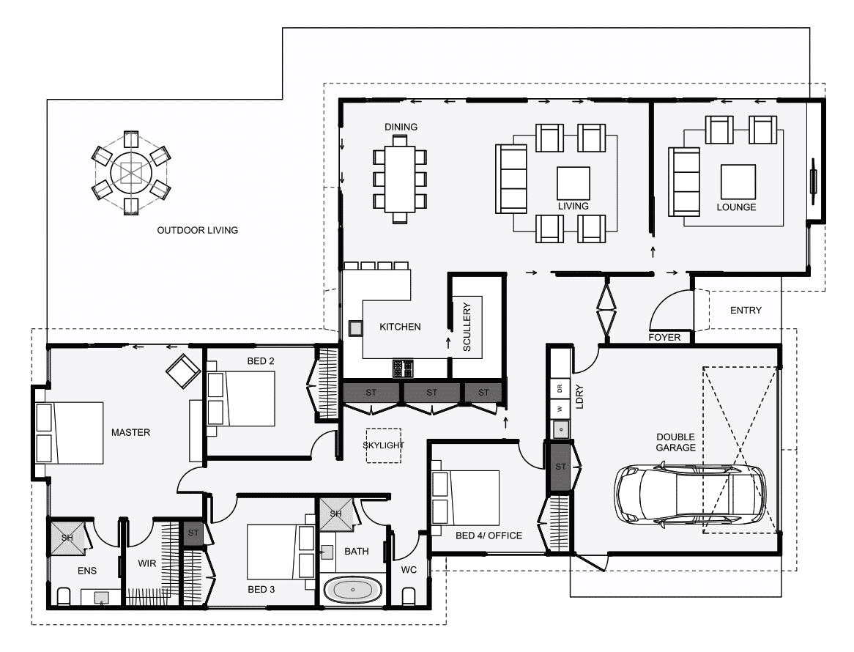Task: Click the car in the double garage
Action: click(x=690, y=494)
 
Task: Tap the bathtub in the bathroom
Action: click(x=353, y=590)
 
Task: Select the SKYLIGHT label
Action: click(x=384, y=445)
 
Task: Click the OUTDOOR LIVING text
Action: click(x=197, y=231)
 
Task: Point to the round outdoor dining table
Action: click(x=130, y=173)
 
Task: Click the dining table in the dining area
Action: click(x=400, y=179)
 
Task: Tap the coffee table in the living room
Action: click(x=573, y=184)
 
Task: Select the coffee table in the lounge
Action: click(x=738, y=182)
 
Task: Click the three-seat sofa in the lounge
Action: click(x=684, y=182)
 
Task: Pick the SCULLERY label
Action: click(x=467, y=327)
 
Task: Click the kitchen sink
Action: click(x=355, y=328)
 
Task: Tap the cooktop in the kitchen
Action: click(x=403, y=368)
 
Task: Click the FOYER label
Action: click(x=664, y=338)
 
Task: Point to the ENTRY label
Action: click(x=746, y=311)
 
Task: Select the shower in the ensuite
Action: click(x=67, y=538)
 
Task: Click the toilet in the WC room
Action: click(x=409, y=596)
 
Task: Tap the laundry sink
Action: click(x=560, y=430)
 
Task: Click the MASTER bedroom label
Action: click(x=130, y=432)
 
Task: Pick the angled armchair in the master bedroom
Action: click(x=183, y=371)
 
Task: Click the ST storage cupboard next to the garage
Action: click(x=560, y=467)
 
